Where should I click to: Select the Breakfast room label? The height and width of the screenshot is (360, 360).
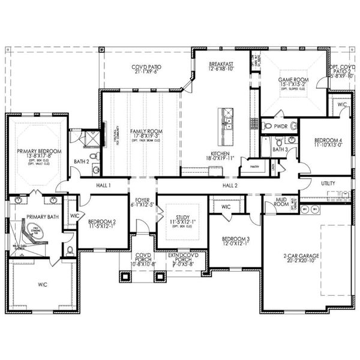click(x=221, y=64)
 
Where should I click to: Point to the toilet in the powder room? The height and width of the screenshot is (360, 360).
click(x=268, y=126)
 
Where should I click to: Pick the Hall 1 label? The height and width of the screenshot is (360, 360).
click(x=104, y=186)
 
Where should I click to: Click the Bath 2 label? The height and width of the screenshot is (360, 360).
click(x=81, y=161)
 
